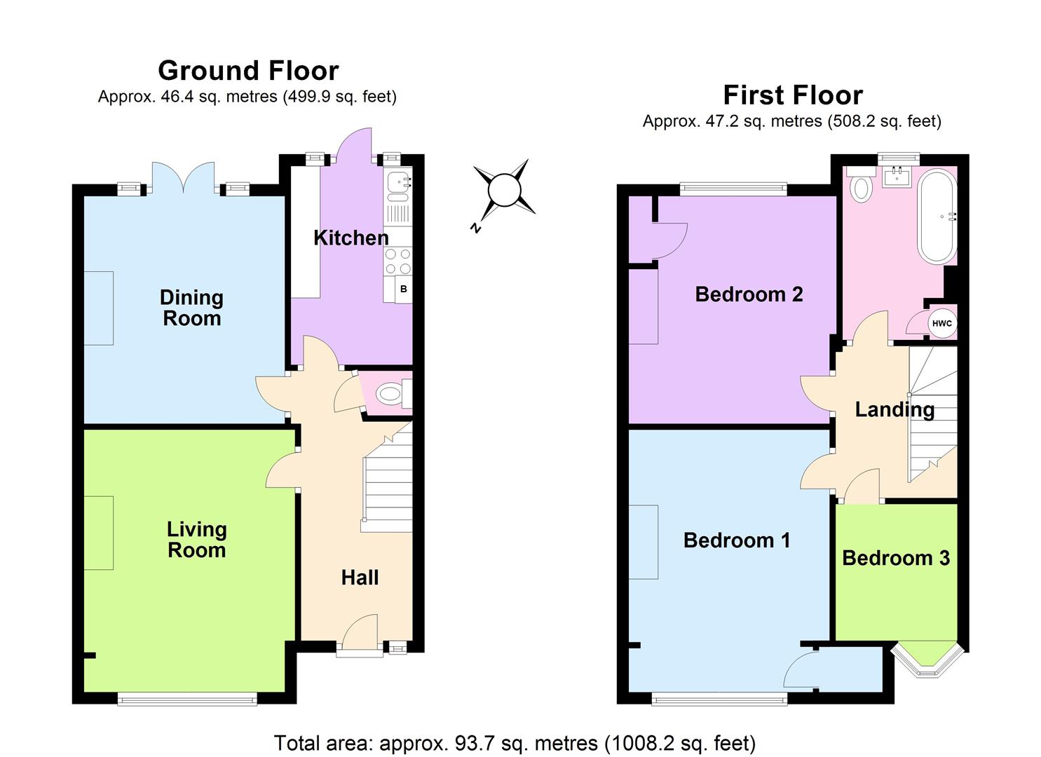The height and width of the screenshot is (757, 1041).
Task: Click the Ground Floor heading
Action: (248, 71)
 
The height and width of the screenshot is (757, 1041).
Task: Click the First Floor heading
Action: (792, 95)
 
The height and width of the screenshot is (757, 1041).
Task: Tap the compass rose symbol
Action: (504, 190)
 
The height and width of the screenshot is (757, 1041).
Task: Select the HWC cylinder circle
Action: (941, 323)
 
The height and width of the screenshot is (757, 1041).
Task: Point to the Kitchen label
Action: (351, 238)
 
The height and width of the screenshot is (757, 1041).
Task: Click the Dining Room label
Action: (191, 308)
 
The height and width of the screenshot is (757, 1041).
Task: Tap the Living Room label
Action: (196, 540)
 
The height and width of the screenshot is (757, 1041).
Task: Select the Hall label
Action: (360, 578)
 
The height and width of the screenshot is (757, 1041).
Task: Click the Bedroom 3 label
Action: (895, 558)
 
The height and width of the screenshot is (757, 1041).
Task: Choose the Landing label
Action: (894, 409)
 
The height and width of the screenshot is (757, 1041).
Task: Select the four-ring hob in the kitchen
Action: (397, 261)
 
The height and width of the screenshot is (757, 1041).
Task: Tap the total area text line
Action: (515, 742)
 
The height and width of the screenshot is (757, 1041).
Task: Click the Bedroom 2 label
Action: (749, 294)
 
